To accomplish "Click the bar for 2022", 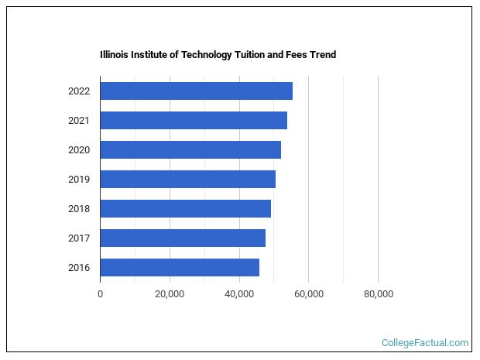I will coord(196,91).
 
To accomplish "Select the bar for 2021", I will coord(194,120).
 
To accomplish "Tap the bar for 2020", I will coord(190,149).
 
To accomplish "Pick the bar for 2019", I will coord(187,179).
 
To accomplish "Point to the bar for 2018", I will coord(185,208).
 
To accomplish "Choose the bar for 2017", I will coord(183,238).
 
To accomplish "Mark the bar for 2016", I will coord(180,267).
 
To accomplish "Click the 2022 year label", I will coord(79,91).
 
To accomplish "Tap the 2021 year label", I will coord(79,121).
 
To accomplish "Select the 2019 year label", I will coord(79,180).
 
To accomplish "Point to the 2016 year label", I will coord(79,268).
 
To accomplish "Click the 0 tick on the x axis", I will coord(100,293).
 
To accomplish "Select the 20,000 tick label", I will coord(170,293).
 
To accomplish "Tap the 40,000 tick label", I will coord(239,293).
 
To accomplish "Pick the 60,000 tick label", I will coord(308,293).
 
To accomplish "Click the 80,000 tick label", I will coord(378,293).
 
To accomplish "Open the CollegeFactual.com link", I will coord(425,342).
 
